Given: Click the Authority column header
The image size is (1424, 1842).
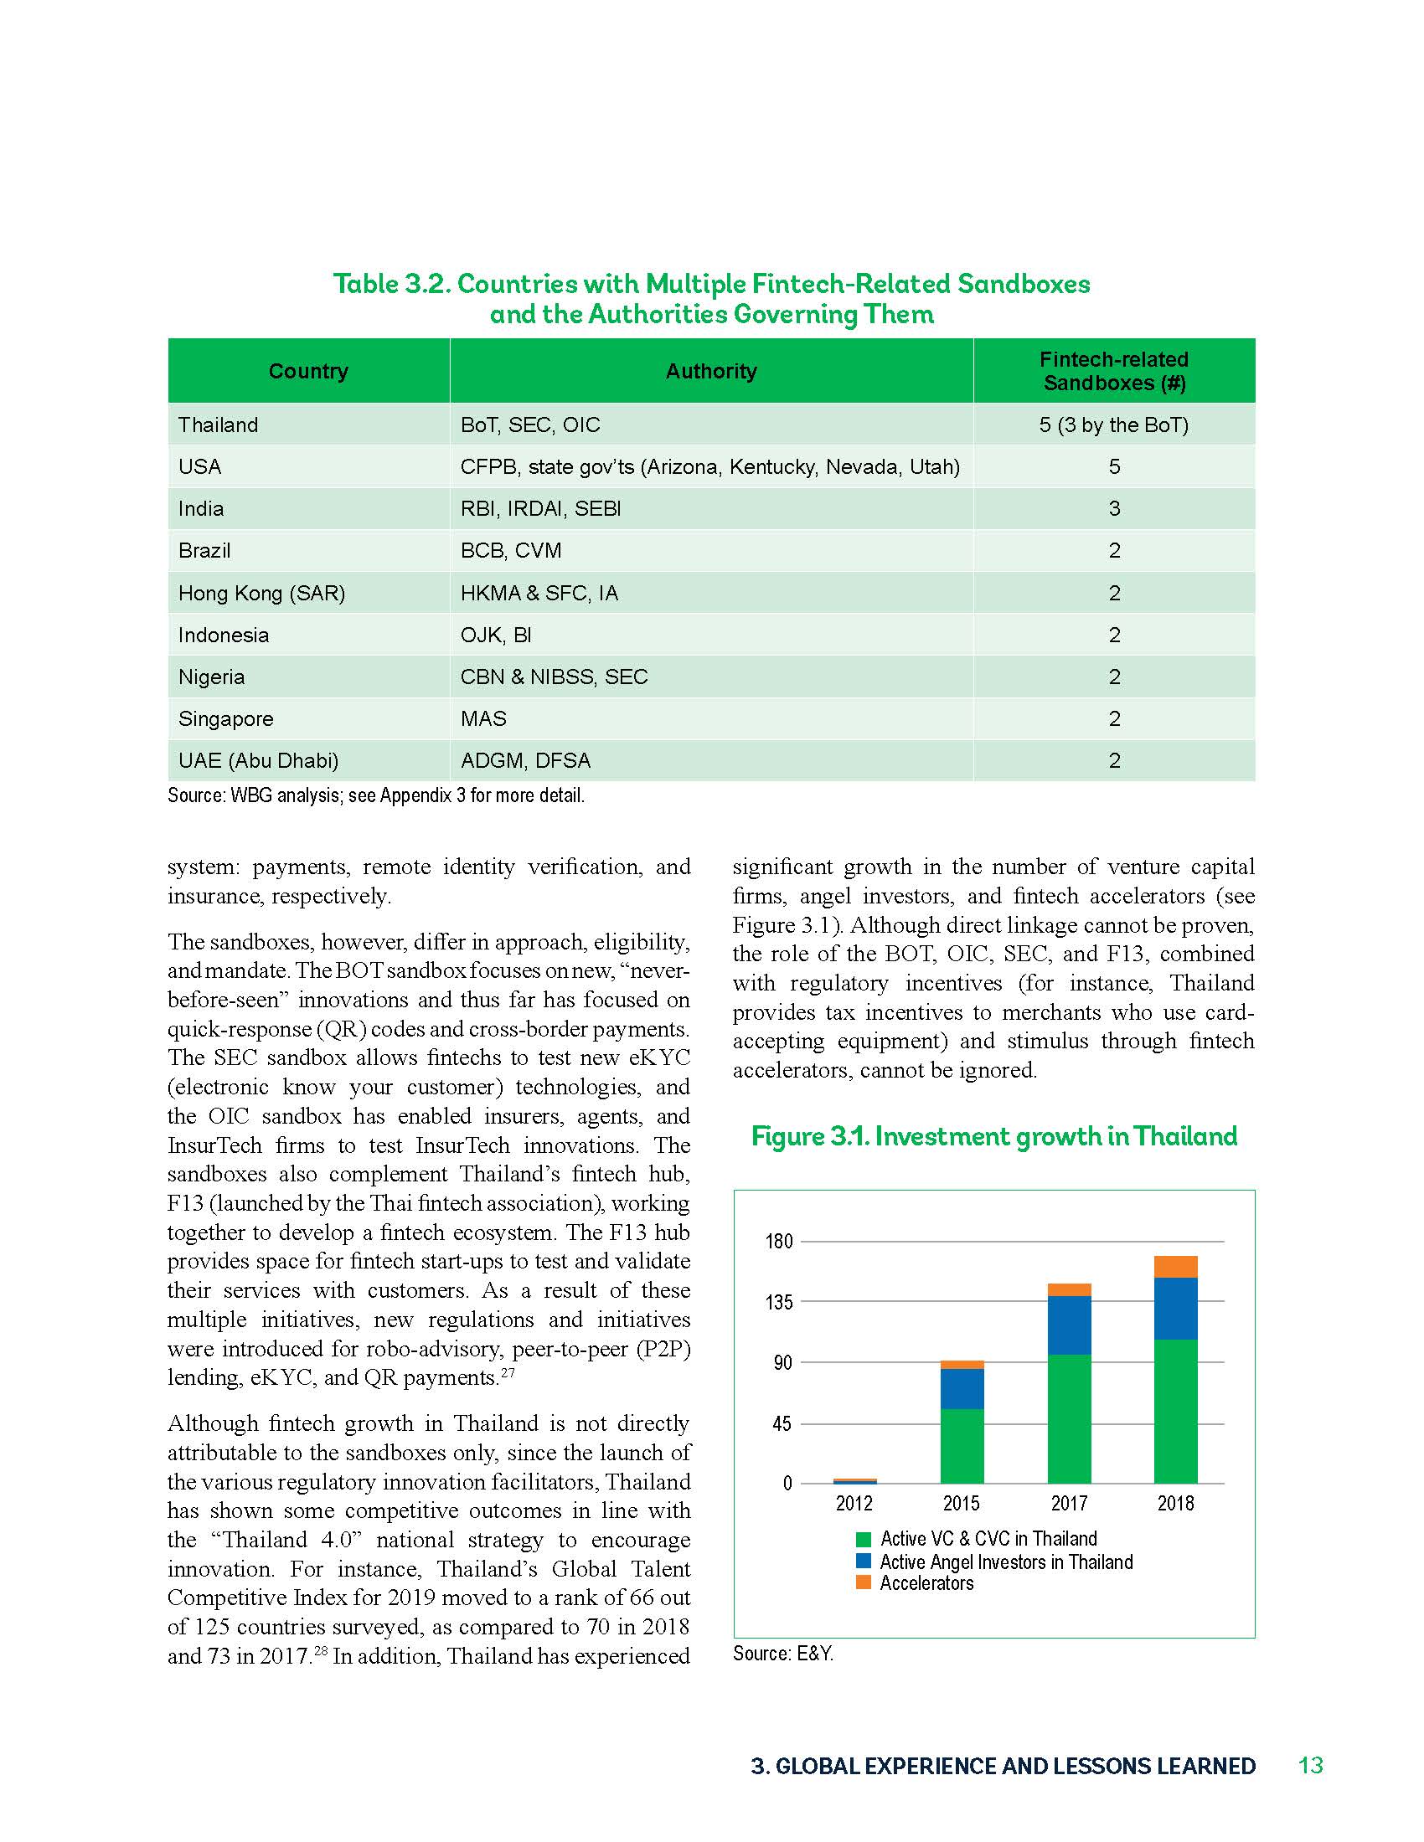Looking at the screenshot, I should tap(710, 371).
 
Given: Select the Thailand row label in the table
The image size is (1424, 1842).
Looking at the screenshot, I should tap(218, 425).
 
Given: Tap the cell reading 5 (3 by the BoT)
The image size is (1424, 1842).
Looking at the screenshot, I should tap(1113, 425).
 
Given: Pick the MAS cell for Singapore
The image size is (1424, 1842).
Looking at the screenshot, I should tap(483, 718).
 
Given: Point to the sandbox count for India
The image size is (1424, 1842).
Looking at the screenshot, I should tap(1113, 508).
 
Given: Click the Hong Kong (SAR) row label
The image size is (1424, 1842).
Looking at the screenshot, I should tap(261, 593).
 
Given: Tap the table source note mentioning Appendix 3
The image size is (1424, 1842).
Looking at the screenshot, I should tap(375, 795).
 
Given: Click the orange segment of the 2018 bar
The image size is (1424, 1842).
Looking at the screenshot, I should tap(1175, 1267).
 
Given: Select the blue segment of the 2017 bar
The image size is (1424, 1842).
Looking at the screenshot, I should tap(1069, 1325).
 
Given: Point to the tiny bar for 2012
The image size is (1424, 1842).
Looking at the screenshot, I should tap(854, 1480).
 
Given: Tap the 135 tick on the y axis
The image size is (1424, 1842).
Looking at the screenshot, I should tap(779, 1302).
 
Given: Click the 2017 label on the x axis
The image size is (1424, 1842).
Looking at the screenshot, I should tap(1069, 1503).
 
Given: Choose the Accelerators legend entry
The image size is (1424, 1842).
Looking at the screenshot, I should tap(926, 1583).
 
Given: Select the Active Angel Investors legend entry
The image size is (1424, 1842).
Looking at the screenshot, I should tap(1004, 1562).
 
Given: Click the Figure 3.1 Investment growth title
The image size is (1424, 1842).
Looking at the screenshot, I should tap(993, 1136).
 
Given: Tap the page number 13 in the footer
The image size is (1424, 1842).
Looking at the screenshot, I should tap(1310, 1765).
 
